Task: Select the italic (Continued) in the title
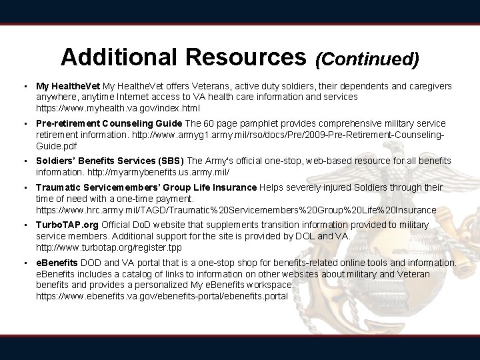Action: [367, 59]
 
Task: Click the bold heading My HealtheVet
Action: [68, 87]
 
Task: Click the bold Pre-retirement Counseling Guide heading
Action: [109, 124]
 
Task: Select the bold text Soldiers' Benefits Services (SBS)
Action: [110, 161]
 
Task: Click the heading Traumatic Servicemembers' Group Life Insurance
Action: [146, 188]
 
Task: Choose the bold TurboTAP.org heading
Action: [67, 226]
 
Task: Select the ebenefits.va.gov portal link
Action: [162, 295]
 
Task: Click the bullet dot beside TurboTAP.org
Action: [24, 226]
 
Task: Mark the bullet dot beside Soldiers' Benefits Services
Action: [24, 161]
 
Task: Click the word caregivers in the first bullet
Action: [429, 87]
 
